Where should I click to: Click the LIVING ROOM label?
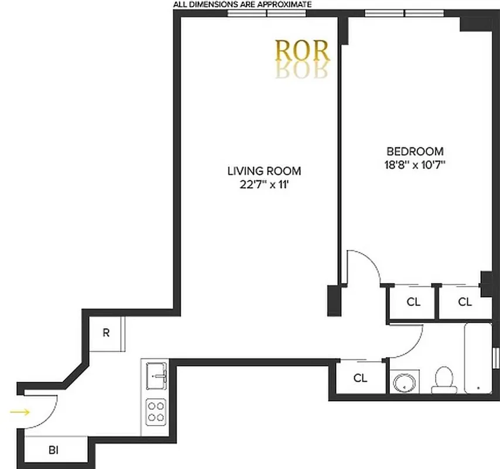pos(264,171)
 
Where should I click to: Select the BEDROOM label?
pos(415,151)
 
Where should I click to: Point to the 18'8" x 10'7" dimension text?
pos(412,164)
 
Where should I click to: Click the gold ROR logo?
pos(303,52)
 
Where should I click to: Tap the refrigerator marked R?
pos(106,333)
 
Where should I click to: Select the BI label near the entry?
pos(53,450)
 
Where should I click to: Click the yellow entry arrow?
pos(20,412)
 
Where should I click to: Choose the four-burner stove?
pos(156,410)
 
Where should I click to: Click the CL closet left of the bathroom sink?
pos(361,378)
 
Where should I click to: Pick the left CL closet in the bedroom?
pos(413,303)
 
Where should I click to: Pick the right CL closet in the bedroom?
pos(465,303)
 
